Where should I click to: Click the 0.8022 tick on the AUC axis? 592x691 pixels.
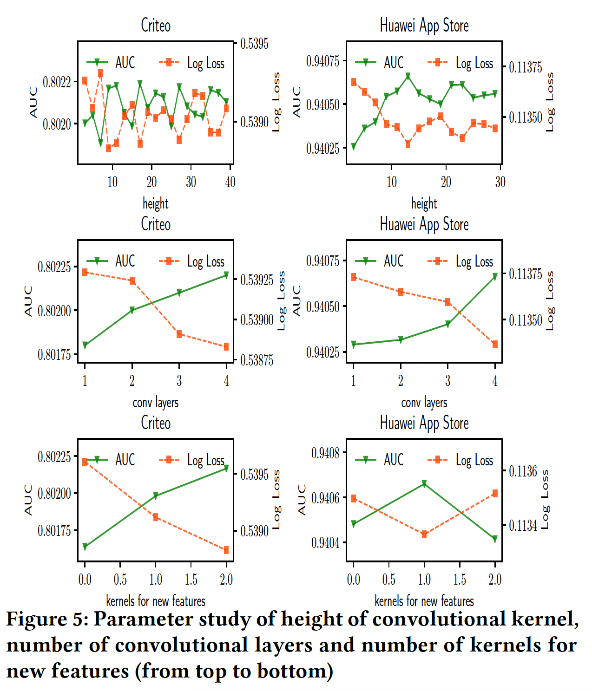tap(57, 83)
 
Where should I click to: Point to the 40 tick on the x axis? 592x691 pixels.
tap(230, 182)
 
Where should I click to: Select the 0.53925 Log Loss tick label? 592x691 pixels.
tap(257, 280)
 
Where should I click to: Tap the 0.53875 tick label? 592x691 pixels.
tap(257, 360)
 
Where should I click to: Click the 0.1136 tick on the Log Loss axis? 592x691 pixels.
tap(523, 472)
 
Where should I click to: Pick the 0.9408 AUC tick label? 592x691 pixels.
tap(325, 453)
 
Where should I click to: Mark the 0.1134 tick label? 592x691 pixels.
tap(523, 526)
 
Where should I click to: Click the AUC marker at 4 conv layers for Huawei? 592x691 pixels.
tap(495, 277)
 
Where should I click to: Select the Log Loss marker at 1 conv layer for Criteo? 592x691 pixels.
tap(85, 273)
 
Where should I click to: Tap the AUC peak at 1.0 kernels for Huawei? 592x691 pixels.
tap(424, 484)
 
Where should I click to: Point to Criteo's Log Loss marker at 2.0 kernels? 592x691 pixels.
tap(226, 550)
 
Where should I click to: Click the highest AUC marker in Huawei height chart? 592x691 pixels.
tap(408, 75)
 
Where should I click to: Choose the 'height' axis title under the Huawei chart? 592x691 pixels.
tap(424, 203)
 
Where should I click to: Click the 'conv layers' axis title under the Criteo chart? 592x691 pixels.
tap(155, 403)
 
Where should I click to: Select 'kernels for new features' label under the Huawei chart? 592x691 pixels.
tap(424, 601)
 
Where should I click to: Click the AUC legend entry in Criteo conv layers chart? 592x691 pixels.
tap(112, 261)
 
